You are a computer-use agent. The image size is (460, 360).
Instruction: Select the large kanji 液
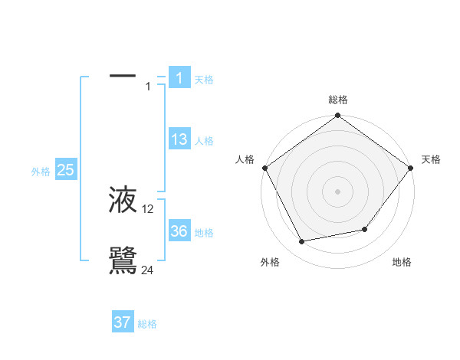point(123,201)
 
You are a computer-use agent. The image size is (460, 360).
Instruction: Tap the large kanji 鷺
point(123,259)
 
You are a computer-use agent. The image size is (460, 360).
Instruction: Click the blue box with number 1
point(179,77)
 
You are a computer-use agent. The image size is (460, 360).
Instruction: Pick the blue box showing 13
point(179,139)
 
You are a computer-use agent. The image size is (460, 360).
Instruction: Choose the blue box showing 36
point(179,231)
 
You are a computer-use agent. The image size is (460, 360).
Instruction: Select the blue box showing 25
point(65,170)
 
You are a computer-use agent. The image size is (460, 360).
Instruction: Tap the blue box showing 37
point(122,322)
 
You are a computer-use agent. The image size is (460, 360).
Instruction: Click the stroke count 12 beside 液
point(148,209)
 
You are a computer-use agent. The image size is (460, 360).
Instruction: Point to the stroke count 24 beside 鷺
point(148,269)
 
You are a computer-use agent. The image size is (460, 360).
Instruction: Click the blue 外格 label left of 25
point(41,172)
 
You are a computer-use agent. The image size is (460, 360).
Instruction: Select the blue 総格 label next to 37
point(147,324)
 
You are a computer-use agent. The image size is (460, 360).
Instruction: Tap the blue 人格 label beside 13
point(204,141)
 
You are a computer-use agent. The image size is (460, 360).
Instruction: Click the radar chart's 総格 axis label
point(338,100)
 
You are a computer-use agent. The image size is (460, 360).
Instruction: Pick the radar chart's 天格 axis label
point(431,159)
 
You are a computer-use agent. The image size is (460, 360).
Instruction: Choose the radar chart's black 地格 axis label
point(402,262)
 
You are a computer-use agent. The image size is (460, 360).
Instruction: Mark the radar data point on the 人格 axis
point(265,168)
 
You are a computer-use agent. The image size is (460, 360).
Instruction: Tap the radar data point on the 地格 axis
point(365,229)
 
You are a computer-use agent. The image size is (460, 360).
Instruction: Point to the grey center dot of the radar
point(338,191)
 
